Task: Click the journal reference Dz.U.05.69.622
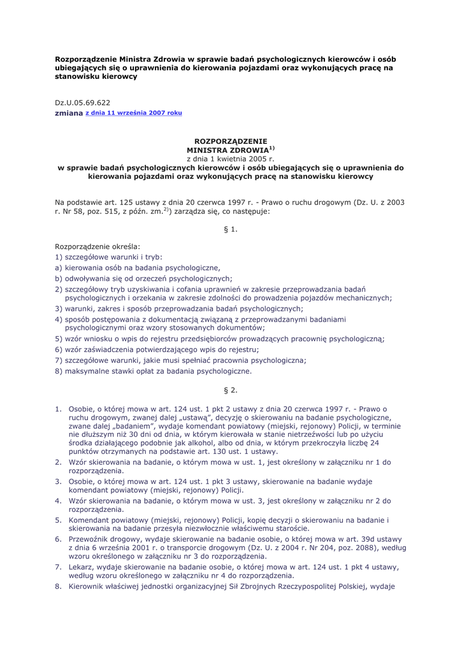pyautogui.click(x=82, y=102)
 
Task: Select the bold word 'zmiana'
pyautogui.click(x=69, y=113)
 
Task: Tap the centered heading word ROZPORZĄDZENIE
pyautogui.click(x=230, y=140)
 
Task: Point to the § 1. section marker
pyautogui.click(x=230, y=229)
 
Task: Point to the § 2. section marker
pyautogui.click(x=230, y=390)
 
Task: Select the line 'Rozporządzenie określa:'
pyautogui.click(x=98, y=245)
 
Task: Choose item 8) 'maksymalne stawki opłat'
pyautogui.click(x=154, y=371)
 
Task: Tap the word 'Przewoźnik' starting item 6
pyautogui.click(x=90, y=539)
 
